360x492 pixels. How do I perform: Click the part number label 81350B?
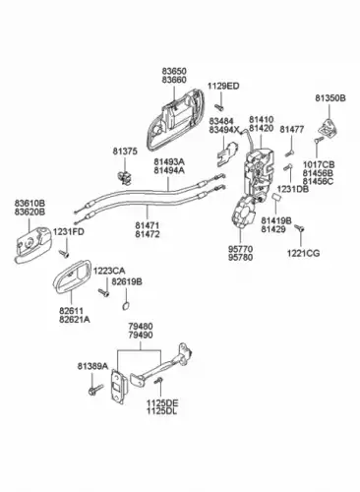click(330, 98)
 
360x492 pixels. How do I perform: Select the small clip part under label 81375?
click(124, 177)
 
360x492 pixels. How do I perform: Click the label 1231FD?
click(69, 232)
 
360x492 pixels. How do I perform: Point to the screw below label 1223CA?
click(104, 292)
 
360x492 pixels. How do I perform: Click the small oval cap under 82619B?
click(126, 306)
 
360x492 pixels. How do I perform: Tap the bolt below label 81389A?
click(95, 389)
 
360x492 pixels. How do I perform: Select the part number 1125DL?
click(162, 411)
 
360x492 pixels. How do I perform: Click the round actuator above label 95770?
click(243, 212)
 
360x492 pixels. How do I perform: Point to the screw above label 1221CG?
click(299, 228)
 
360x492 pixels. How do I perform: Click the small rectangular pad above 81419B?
click(276, 197)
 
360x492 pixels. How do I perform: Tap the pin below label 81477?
click(289, 153)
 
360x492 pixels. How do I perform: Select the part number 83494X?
click(224, 130)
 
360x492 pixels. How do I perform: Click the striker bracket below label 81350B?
click(329, 128)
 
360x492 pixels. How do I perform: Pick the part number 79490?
click(141, 336)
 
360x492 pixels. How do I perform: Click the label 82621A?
click(75, 319)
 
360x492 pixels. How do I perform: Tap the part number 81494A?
click(169, 170)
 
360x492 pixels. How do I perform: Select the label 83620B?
click(30, 212)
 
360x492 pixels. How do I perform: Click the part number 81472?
click(148, 234)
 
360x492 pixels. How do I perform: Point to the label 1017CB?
click(319, 164)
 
